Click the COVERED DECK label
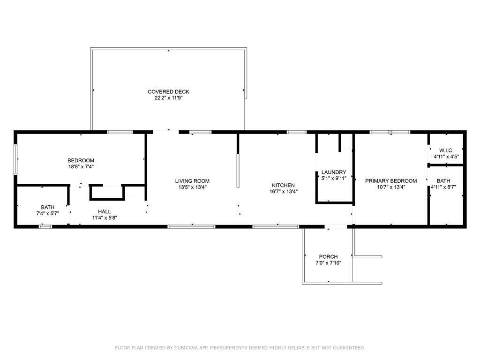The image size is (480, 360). point(168,91)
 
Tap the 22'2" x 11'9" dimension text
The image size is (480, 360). point(168,98)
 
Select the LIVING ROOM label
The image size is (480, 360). point(192,181)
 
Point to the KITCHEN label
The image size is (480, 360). point(283,185)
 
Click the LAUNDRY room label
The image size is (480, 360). point(334,172)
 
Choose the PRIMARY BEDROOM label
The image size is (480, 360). point(391,181)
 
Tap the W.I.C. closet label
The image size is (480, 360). point(446,150)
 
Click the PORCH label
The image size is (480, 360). point(328,256)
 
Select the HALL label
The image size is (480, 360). point(105,211)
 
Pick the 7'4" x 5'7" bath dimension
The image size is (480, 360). point(47,213)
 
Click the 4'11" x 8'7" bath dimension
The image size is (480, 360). point(443,187)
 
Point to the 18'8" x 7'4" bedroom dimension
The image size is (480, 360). point(81,166)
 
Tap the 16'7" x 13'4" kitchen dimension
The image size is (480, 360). point(284,191)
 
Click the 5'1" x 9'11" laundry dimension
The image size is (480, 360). point(334,178)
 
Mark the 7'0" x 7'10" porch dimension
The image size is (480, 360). point(328,262)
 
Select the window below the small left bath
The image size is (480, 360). point(45,226)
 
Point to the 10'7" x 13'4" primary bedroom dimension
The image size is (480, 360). point(391,187)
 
